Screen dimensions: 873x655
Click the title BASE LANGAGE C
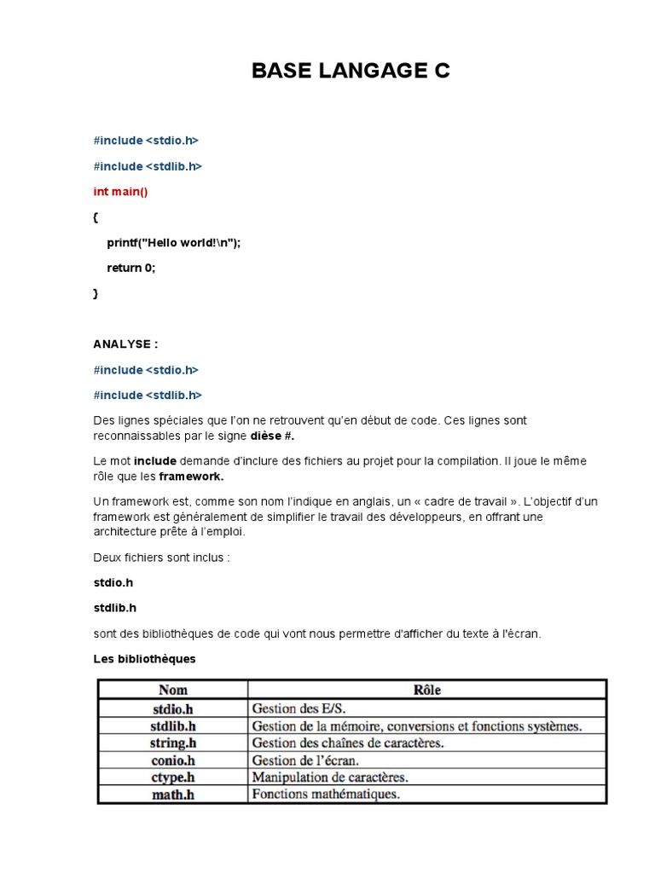(351, 72)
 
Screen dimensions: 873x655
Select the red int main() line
(120, 192)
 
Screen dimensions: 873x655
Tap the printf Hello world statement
(174, 242)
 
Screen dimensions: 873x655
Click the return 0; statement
(131, 268)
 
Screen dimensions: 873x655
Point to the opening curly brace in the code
(96, 217)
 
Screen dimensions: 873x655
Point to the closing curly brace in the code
(96, 293)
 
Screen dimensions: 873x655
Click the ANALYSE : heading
(125, 344)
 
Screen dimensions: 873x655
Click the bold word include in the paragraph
(155, 460)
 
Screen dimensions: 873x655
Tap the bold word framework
(191, 476)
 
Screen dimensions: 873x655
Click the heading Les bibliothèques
(144, 659)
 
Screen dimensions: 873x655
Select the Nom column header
(173, 690)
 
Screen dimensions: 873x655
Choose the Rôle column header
(426, 690)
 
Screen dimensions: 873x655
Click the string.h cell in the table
(173, 743)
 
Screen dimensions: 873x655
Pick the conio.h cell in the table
(173, 760)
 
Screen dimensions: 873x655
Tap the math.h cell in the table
(173, 795)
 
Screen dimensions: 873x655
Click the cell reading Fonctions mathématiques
(325, 795)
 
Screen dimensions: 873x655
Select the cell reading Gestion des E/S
(299, 708)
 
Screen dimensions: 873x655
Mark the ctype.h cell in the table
(173, 778)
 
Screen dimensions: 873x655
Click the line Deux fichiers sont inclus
(161, 558)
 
